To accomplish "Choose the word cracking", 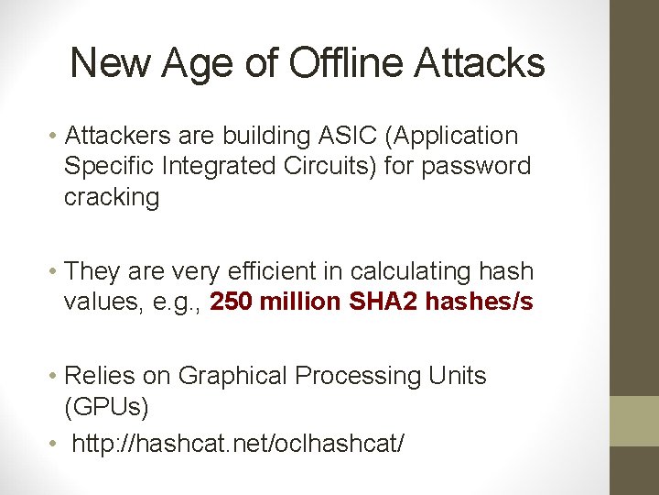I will click(111, 197).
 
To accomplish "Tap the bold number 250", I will click(232, 302).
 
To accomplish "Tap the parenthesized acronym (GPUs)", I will click(106, 406).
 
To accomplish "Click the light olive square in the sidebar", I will click(634, 421).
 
